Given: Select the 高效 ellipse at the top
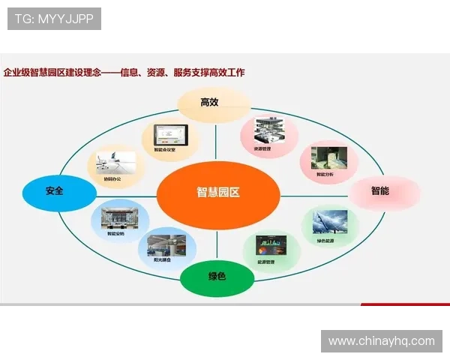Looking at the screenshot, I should pyautogui.click(x=214, y=103).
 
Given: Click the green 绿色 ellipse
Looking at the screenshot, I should pyautogui.click(x=216, y=277).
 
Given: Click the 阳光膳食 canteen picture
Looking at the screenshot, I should pyautogui.click(x=167, y=246).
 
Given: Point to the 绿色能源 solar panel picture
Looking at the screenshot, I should pyautogui.click(x=328, y=222).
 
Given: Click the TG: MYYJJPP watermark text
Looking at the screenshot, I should pyautogui.click(x=53, y=19).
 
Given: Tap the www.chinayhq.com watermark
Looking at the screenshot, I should pyautogui.click(x=381, y=341).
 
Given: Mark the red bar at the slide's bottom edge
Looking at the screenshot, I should pyautogui.click(x=405, y=304).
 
